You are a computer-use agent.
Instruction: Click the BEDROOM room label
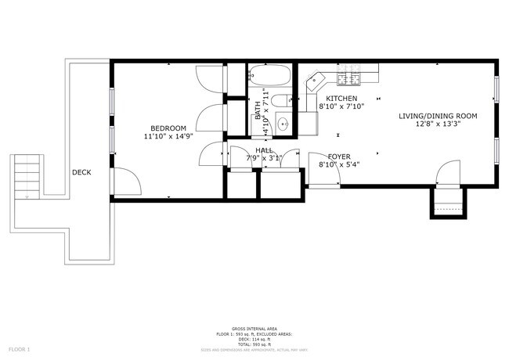click(168, 128)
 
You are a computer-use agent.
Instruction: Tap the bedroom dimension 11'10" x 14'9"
click(168, 136)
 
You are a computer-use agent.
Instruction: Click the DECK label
click(81, 173)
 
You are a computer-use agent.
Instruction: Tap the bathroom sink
click(284, 124)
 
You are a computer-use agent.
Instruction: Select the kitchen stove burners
click(348, 78)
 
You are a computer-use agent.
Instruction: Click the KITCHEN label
click(342, 99)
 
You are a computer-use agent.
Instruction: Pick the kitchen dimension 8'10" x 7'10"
click(342, 107)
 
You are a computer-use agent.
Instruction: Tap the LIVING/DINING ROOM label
click(438, 116)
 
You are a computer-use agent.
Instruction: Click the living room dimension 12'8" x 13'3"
click(438, 124)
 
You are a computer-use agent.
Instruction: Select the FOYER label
click(339, 156)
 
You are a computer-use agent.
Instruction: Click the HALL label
click(263, 150)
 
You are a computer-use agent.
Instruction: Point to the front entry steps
click(446, 207)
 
